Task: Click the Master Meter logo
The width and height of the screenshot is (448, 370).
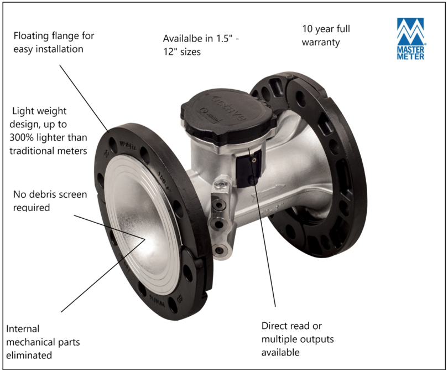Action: (x=410, y=39)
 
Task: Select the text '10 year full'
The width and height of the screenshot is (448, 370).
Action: (x=326, y=29)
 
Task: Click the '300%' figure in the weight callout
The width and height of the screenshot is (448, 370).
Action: (x=23, y=137)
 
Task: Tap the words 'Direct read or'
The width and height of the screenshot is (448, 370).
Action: (x=291, y=326)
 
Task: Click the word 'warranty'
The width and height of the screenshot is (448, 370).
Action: (x=321, y=42)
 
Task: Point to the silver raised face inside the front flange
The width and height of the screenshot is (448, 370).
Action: (x=138, y=222)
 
